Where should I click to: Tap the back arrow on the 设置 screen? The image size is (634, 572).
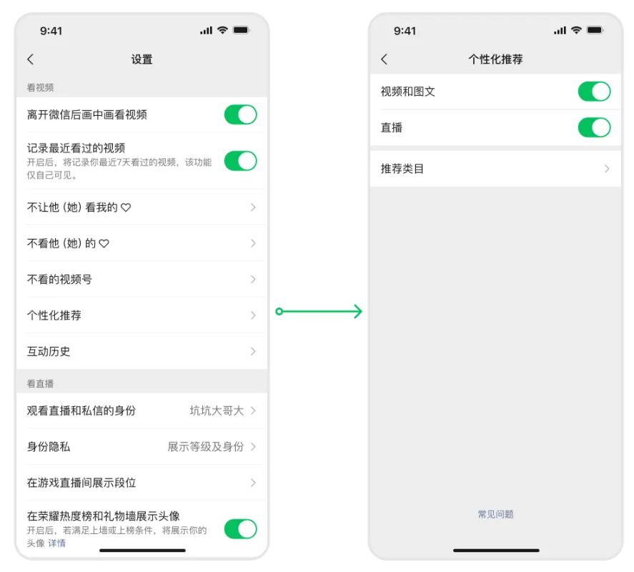(x=30, y=59)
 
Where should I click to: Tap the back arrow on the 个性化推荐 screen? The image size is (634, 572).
(x=384, y=59)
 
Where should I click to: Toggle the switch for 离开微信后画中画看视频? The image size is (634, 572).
(x=241, y=114)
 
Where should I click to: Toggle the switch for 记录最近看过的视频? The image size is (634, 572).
(x=241, y=161)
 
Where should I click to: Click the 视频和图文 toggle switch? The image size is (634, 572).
(x=595, y=92)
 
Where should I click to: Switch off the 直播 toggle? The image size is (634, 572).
(x=595, y=127)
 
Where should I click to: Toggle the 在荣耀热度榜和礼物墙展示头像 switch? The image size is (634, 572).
(x=241, y=529)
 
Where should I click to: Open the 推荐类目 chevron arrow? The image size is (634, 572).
(x=607, y=169)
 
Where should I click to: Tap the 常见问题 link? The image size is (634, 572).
(x=496, y=514)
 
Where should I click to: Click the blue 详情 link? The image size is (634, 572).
(x=56, y=543)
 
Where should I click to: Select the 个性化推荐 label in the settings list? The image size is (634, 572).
(x=54, y=315)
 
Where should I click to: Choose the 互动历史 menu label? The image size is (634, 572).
(x=49, y=351)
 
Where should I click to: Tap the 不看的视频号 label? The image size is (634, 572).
(x=59, y=279)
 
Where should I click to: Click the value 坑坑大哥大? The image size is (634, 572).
(x=217, y=410)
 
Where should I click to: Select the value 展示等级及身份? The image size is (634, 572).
(x=205, y=447)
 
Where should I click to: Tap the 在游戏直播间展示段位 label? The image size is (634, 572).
(x=81, y=483)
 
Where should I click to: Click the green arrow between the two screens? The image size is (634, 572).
(x=319, y=312)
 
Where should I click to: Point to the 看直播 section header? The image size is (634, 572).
(x=40, y=383)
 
